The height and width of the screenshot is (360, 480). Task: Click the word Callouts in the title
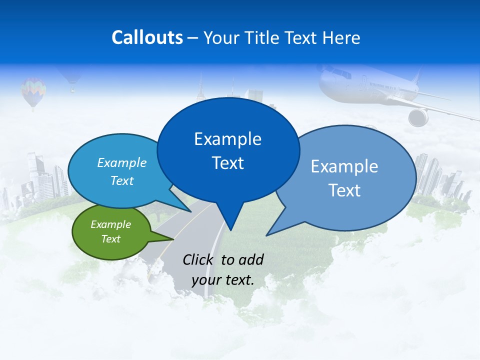point(147,37)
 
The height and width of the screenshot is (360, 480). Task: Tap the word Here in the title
point(342,37)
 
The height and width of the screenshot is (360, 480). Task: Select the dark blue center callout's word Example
point(227,139)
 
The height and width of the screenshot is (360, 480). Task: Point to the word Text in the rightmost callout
point(344,190)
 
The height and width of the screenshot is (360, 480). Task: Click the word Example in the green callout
point(110,224)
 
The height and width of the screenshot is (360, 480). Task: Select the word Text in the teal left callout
point(121,181)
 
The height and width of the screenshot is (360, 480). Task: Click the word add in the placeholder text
point(250,259)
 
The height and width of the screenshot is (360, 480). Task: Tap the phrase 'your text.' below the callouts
point(223,280)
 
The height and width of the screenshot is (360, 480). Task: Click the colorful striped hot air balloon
point(33,91)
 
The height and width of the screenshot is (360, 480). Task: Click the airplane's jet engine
point(418,117)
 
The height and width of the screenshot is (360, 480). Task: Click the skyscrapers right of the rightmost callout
point(435,177)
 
